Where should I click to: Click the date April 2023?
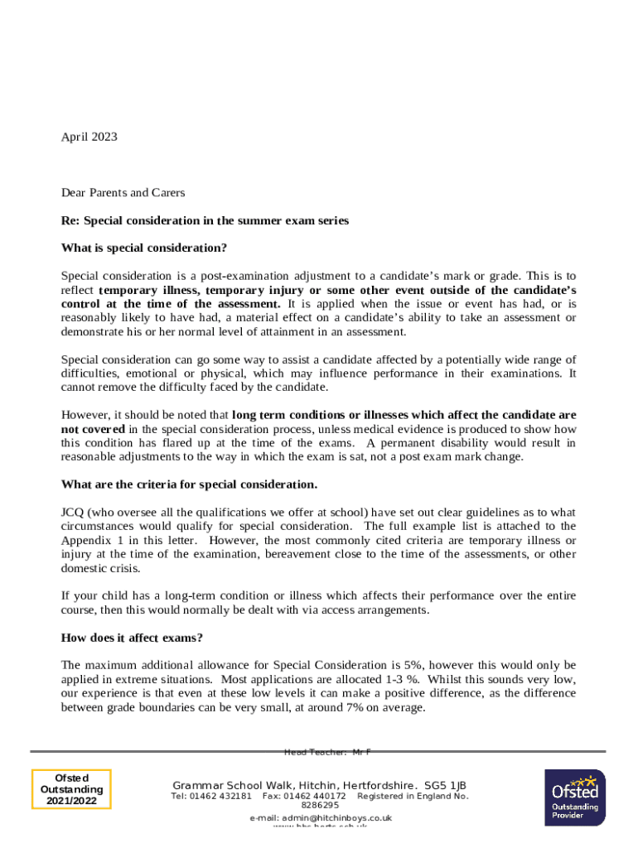[x=89, y=137]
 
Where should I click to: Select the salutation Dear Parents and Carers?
[x=123, y=193]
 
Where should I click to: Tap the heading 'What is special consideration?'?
[x=144, y=248]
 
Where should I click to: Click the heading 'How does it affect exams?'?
[x=132, y=638]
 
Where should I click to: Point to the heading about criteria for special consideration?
[x=189, y=484]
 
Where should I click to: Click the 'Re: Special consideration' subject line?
[x=205, y=221]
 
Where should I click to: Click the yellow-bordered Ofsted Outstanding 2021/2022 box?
[x=71, y=789]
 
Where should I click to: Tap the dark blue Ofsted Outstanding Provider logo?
[x=574, y=797]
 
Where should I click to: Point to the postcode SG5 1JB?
[x=445, y=785]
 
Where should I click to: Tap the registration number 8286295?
[x=320, y=805]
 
